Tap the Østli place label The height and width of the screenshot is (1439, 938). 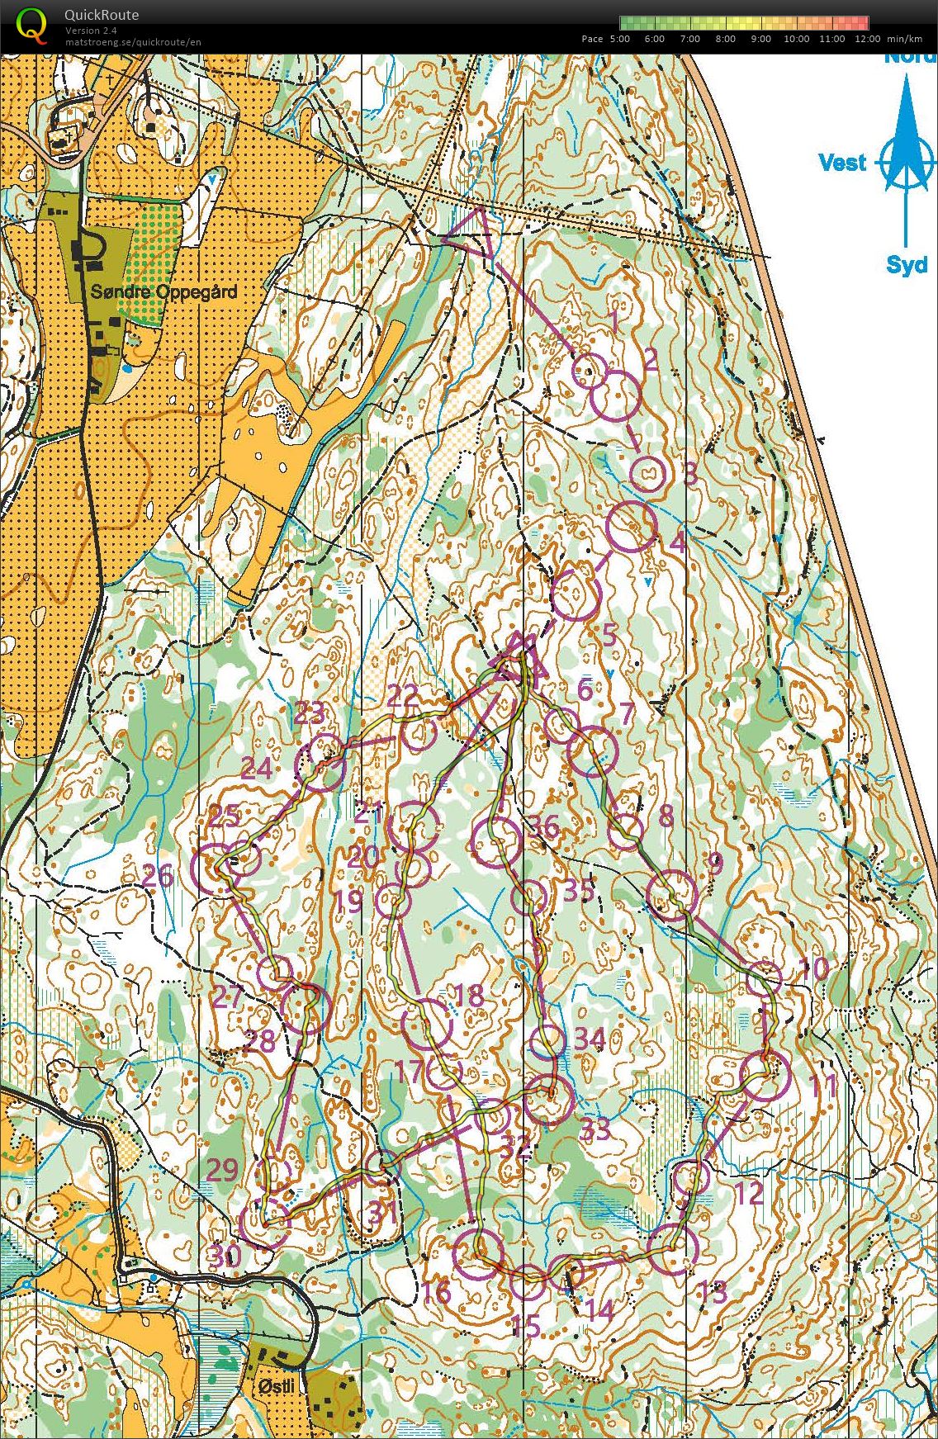click(x=275, y=1386)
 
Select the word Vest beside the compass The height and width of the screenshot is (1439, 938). click(x=841, y=162)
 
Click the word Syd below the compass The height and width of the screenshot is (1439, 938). click(x=906, y=265)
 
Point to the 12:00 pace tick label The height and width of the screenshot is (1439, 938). click(x=867, y=39)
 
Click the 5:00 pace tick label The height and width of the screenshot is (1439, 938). click(x=619, y=39)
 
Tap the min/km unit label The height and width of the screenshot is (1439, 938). click(x=904, y=39)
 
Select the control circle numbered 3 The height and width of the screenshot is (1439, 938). click(x=648, y=473)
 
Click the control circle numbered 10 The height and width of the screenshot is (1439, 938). click(x=765, y=978)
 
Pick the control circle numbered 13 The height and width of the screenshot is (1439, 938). click(x=674, y=1249)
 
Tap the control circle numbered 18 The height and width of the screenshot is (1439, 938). click(x=428, y=1025)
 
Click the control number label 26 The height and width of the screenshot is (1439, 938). click(x=157, y=875)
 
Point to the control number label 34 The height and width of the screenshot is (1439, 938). click(x=590, y=1039)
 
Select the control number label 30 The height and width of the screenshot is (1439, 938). click(x=223, y=1257)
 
